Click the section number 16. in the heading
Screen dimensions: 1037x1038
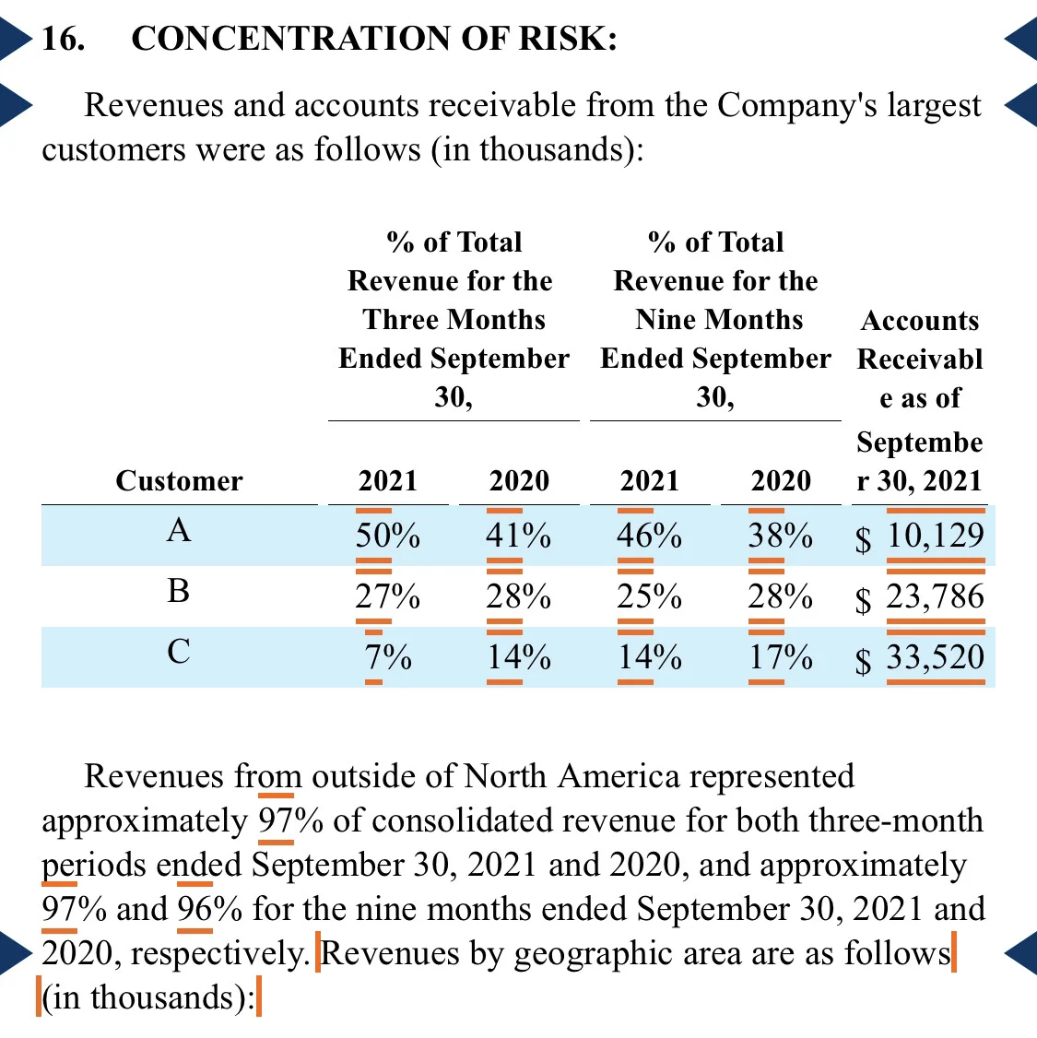point(63,39)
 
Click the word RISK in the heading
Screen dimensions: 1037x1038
point(567,39)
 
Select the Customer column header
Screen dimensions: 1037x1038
point(179,480)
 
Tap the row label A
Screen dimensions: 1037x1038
point(179,529)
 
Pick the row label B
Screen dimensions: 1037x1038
point(179,591)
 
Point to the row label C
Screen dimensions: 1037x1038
point(179,652)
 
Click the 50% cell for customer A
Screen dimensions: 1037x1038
point(388,535)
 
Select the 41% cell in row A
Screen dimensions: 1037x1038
point(518,535)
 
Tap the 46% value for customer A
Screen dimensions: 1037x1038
point(649,535)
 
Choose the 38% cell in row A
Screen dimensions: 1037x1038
point(780,535)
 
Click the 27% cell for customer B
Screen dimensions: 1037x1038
point(388,596)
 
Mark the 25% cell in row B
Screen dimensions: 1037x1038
point(649,596)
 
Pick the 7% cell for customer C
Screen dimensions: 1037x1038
point(388,656)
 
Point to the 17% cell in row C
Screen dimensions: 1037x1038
point(780,656)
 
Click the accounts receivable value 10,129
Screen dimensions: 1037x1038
point(935,535)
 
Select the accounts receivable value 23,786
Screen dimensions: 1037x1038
point(935,596)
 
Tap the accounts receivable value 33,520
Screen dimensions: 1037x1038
point(935,656)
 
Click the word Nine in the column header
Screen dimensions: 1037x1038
point(664,320)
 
